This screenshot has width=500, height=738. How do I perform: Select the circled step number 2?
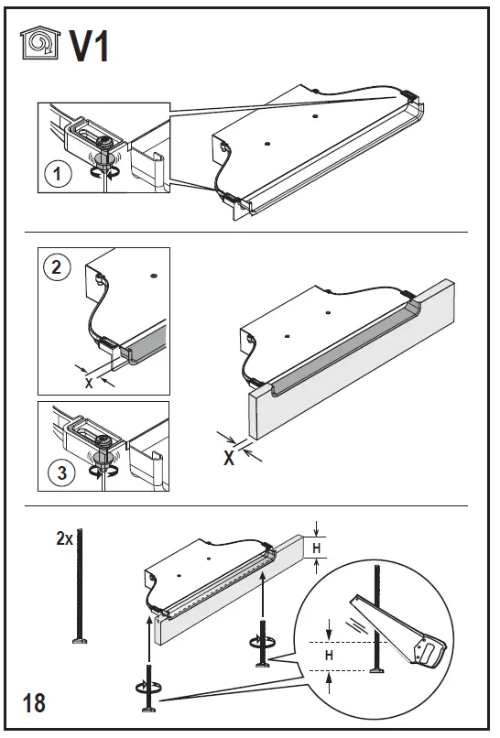click(x=57, y=267)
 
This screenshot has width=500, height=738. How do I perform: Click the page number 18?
click(x=34, y=703)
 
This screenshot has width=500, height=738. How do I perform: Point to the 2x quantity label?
click(x=64, y=538)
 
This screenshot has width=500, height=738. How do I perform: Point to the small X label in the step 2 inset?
click(x=89, y=384)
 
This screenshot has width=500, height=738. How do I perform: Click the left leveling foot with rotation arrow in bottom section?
click(x=148, y=689)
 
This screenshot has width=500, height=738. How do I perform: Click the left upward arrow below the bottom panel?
click(x=148, y=641)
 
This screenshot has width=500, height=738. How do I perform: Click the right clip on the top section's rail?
click(x=408, y=96)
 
